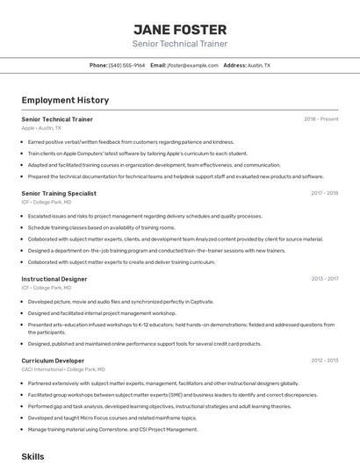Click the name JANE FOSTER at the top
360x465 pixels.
click(179, 29)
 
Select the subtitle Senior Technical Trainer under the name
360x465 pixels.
click(179, 44)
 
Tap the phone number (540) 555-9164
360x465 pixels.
click(127, 66)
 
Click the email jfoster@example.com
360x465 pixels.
click(192, 66)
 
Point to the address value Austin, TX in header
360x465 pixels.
click(259, 66)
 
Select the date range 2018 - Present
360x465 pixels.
click(320, 118)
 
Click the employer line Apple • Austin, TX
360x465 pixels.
click(41, 127)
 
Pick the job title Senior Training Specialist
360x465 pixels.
click(59, 193)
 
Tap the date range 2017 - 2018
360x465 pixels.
click(324, 193)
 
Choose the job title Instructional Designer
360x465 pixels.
click(54, 279)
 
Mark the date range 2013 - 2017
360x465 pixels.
click(324, 279)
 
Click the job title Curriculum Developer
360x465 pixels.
click(53, 361)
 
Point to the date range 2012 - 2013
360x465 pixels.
click(324, 361)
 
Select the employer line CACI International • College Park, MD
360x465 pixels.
click(62, 369)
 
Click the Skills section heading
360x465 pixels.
click(32, 457)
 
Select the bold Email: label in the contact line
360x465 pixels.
click(158, 66)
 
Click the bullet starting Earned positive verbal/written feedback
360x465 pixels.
click(131, 141)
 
